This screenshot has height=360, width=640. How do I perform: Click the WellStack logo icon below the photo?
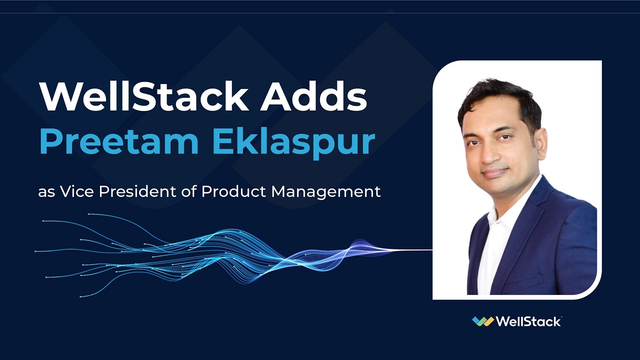[482, 321]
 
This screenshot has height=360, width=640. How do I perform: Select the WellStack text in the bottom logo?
[528, 321]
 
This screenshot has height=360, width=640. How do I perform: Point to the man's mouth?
[495, 173]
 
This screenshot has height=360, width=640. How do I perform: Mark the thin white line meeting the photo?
[415, 249]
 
